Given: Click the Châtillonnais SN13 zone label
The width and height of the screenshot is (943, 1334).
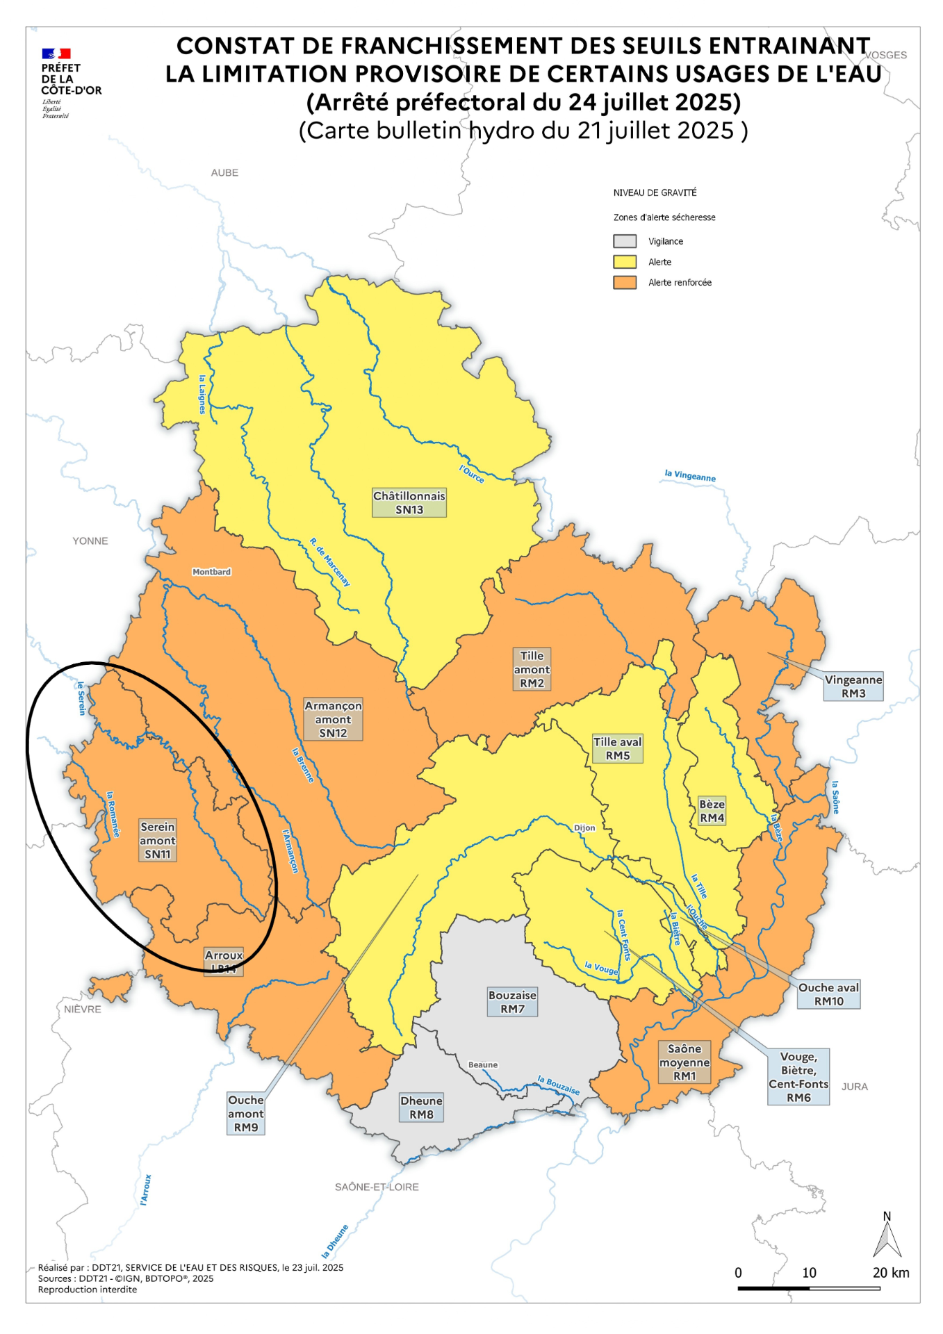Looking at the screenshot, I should pyautogui.click(x=409, y=502).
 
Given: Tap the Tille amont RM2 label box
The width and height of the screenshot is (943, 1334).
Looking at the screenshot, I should pyautogui.click(x=532, y=669).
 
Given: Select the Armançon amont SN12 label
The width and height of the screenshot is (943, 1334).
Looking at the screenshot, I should pyautogui.click(x=333, y=719).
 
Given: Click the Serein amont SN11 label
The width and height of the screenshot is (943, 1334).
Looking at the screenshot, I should pyautogui.click(x=158, y=840).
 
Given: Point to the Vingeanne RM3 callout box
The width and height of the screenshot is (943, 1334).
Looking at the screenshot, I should pyautogui.click(x=853, y=686).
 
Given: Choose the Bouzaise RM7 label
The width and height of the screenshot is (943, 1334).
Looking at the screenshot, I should pyautogui.click(x=512, y=1001).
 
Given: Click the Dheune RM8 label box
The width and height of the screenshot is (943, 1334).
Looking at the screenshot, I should pyautogui.click(x=421, y=1107).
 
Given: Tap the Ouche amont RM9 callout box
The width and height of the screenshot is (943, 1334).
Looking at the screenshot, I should pyautogui.click(x=245, y=1113).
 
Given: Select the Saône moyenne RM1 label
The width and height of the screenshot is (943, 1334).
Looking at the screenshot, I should pyautogui.click(x=684, y=1062).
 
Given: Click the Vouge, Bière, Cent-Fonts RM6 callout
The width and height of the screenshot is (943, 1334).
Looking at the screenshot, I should pyautogui.click(x=798, y=1076).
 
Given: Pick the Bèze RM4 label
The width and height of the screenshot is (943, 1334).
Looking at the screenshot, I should pyautogui.click(x=712, y=811).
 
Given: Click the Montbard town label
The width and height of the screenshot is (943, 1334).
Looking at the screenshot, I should pyautogui.click(x=211, y=572).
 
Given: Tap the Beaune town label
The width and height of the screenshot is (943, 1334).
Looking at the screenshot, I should pyautogui.click(x=482, y=1064).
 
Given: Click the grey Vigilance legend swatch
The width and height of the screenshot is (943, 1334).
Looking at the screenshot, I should pyautogui.click(x=624, y=241).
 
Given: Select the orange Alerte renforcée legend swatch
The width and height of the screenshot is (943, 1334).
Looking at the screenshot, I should pyautogui.click(x=624, y=282).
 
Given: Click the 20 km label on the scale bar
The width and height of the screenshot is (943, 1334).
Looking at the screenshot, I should pyautogui.click(x=890, y=1272).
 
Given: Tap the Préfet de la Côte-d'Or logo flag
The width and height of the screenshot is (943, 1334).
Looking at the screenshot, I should pyautogui.click(x=56, y=53).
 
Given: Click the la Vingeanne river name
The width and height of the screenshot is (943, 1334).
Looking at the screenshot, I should pyautogui.click(x=689, y=476).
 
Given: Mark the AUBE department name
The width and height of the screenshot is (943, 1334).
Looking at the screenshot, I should pyautogui.click(x=224, y=172).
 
